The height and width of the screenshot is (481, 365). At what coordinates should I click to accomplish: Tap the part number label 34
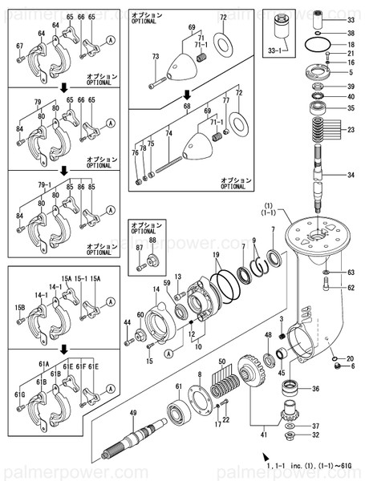point(350,176)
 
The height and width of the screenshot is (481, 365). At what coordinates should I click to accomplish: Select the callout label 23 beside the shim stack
point(350,129)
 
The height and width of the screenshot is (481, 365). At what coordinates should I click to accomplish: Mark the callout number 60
point(140,314)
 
